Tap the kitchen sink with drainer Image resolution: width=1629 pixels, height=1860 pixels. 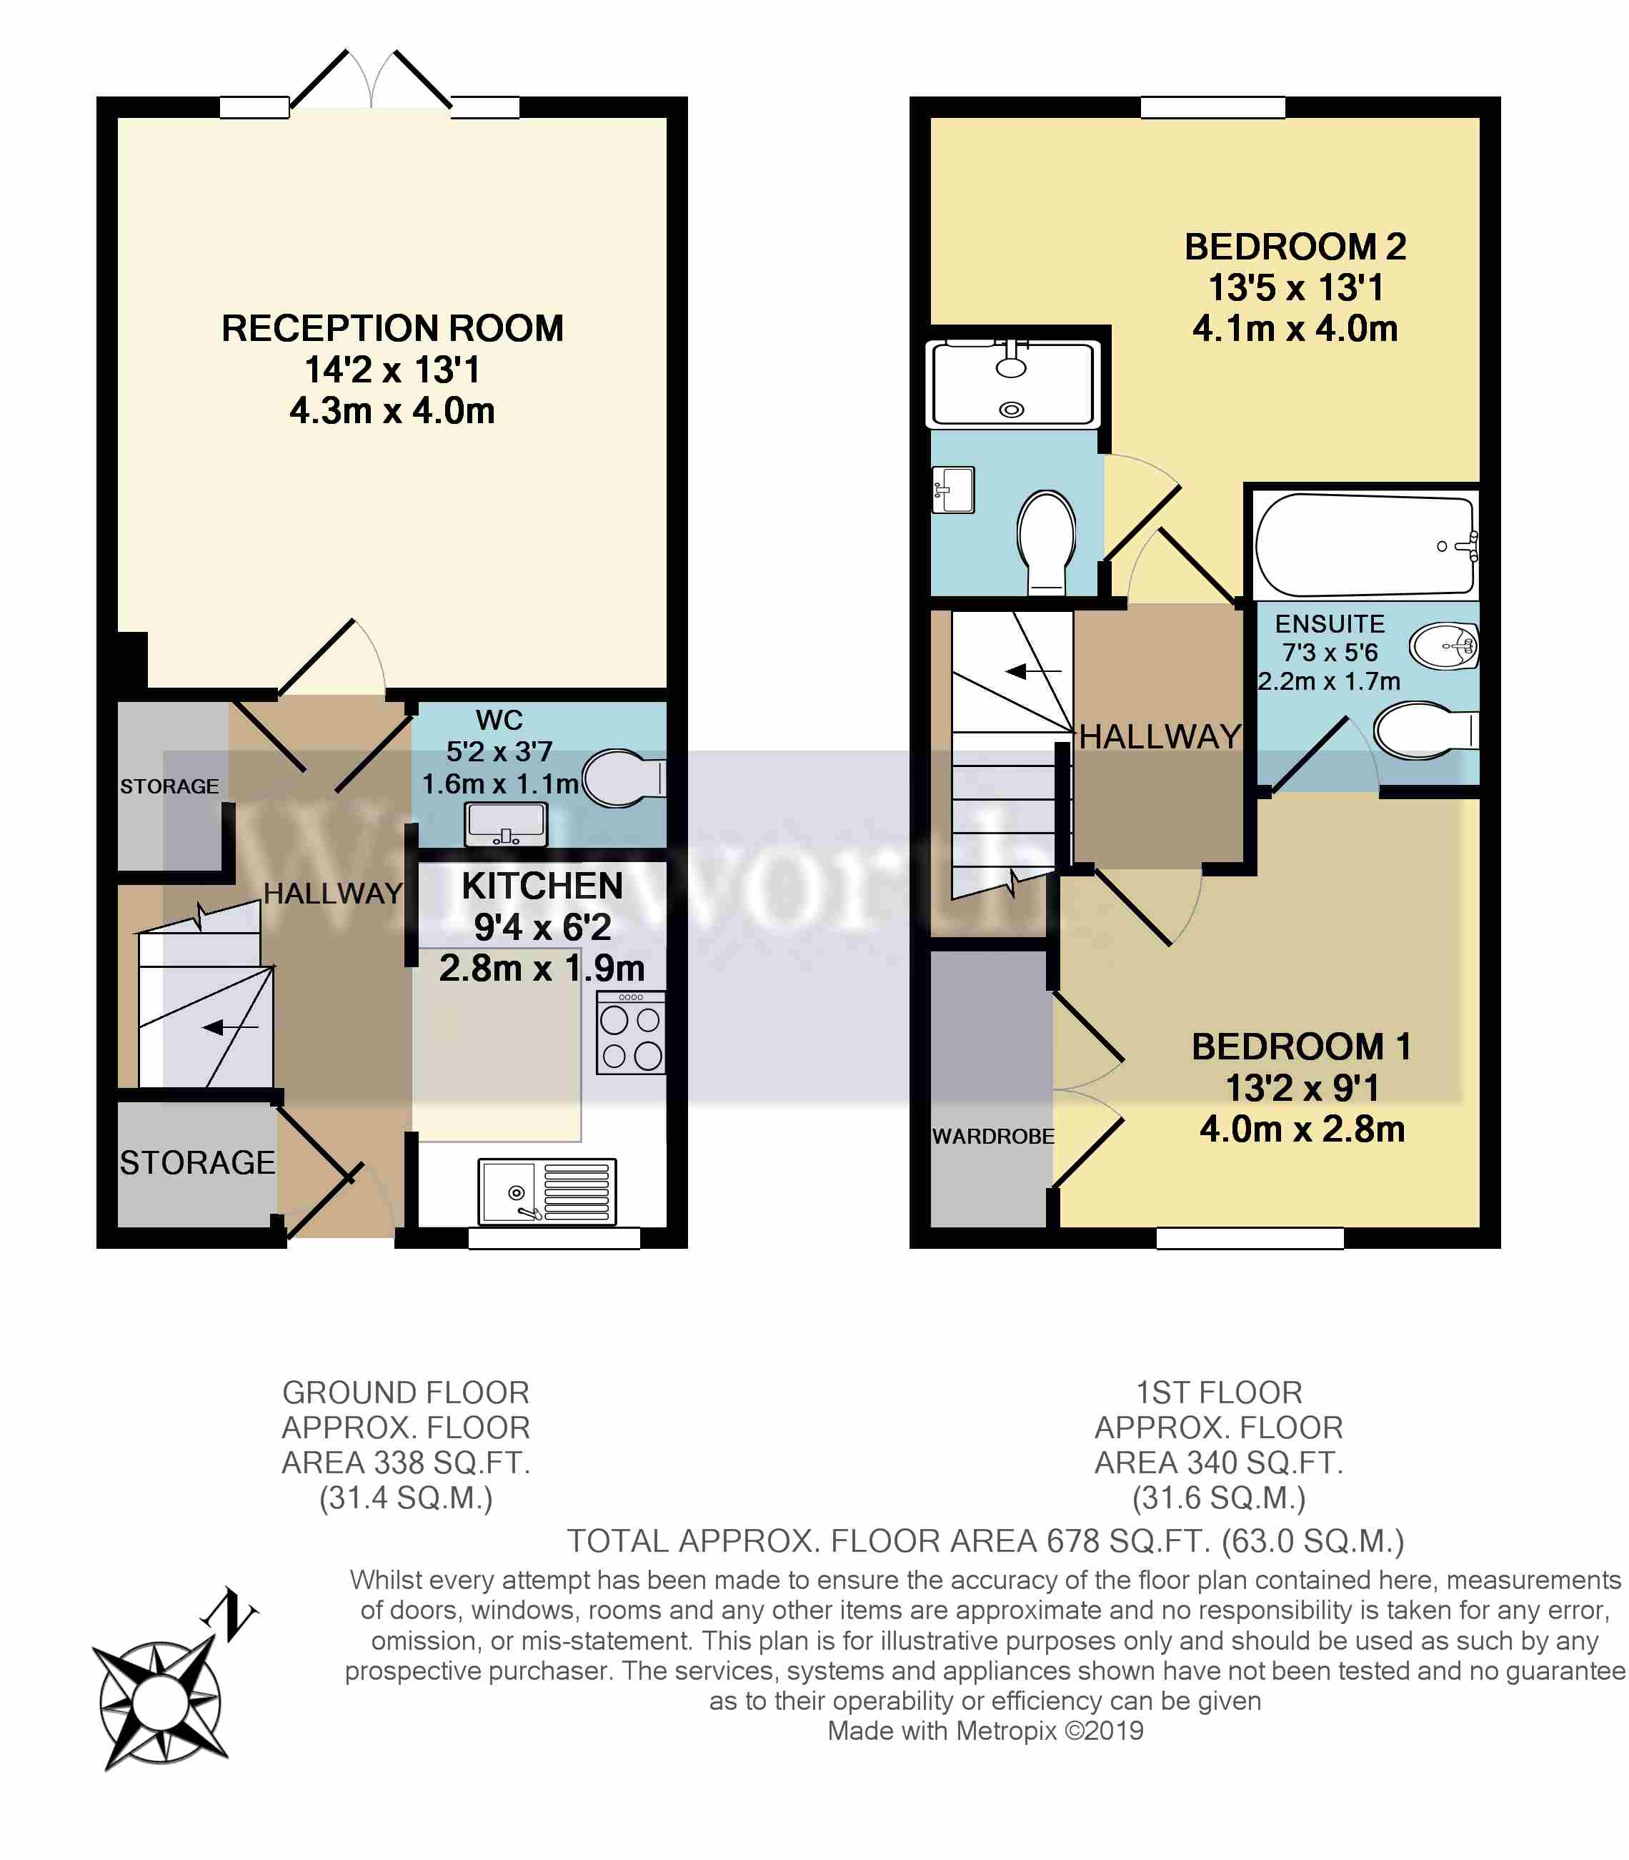(547, 1192)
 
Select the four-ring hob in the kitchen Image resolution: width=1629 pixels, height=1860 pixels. (630, 1033)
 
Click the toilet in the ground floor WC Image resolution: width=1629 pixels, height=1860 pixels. (624, 778)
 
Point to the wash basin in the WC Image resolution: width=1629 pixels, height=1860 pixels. (505, 825)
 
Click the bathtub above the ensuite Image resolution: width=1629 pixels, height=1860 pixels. (1365, 545)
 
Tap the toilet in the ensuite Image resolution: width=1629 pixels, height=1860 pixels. (1426, 729)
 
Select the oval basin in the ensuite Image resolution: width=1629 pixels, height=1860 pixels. (1443, 647)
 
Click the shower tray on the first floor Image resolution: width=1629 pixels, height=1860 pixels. (1012, 383)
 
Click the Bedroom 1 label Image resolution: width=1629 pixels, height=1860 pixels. (1302, 1047)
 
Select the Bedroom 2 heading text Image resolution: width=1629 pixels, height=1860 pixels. (1295, 247)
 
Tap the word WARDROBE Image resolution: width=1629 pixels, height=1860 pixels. (992, 1136)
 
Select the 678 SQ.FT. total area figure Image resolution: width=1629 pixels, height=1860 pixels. (1129, 1540)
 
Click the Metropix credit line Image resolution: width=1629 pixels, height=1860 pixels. (985, 1731)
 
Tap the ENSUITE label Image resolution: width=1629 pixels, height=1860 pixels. (1330, 624)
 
